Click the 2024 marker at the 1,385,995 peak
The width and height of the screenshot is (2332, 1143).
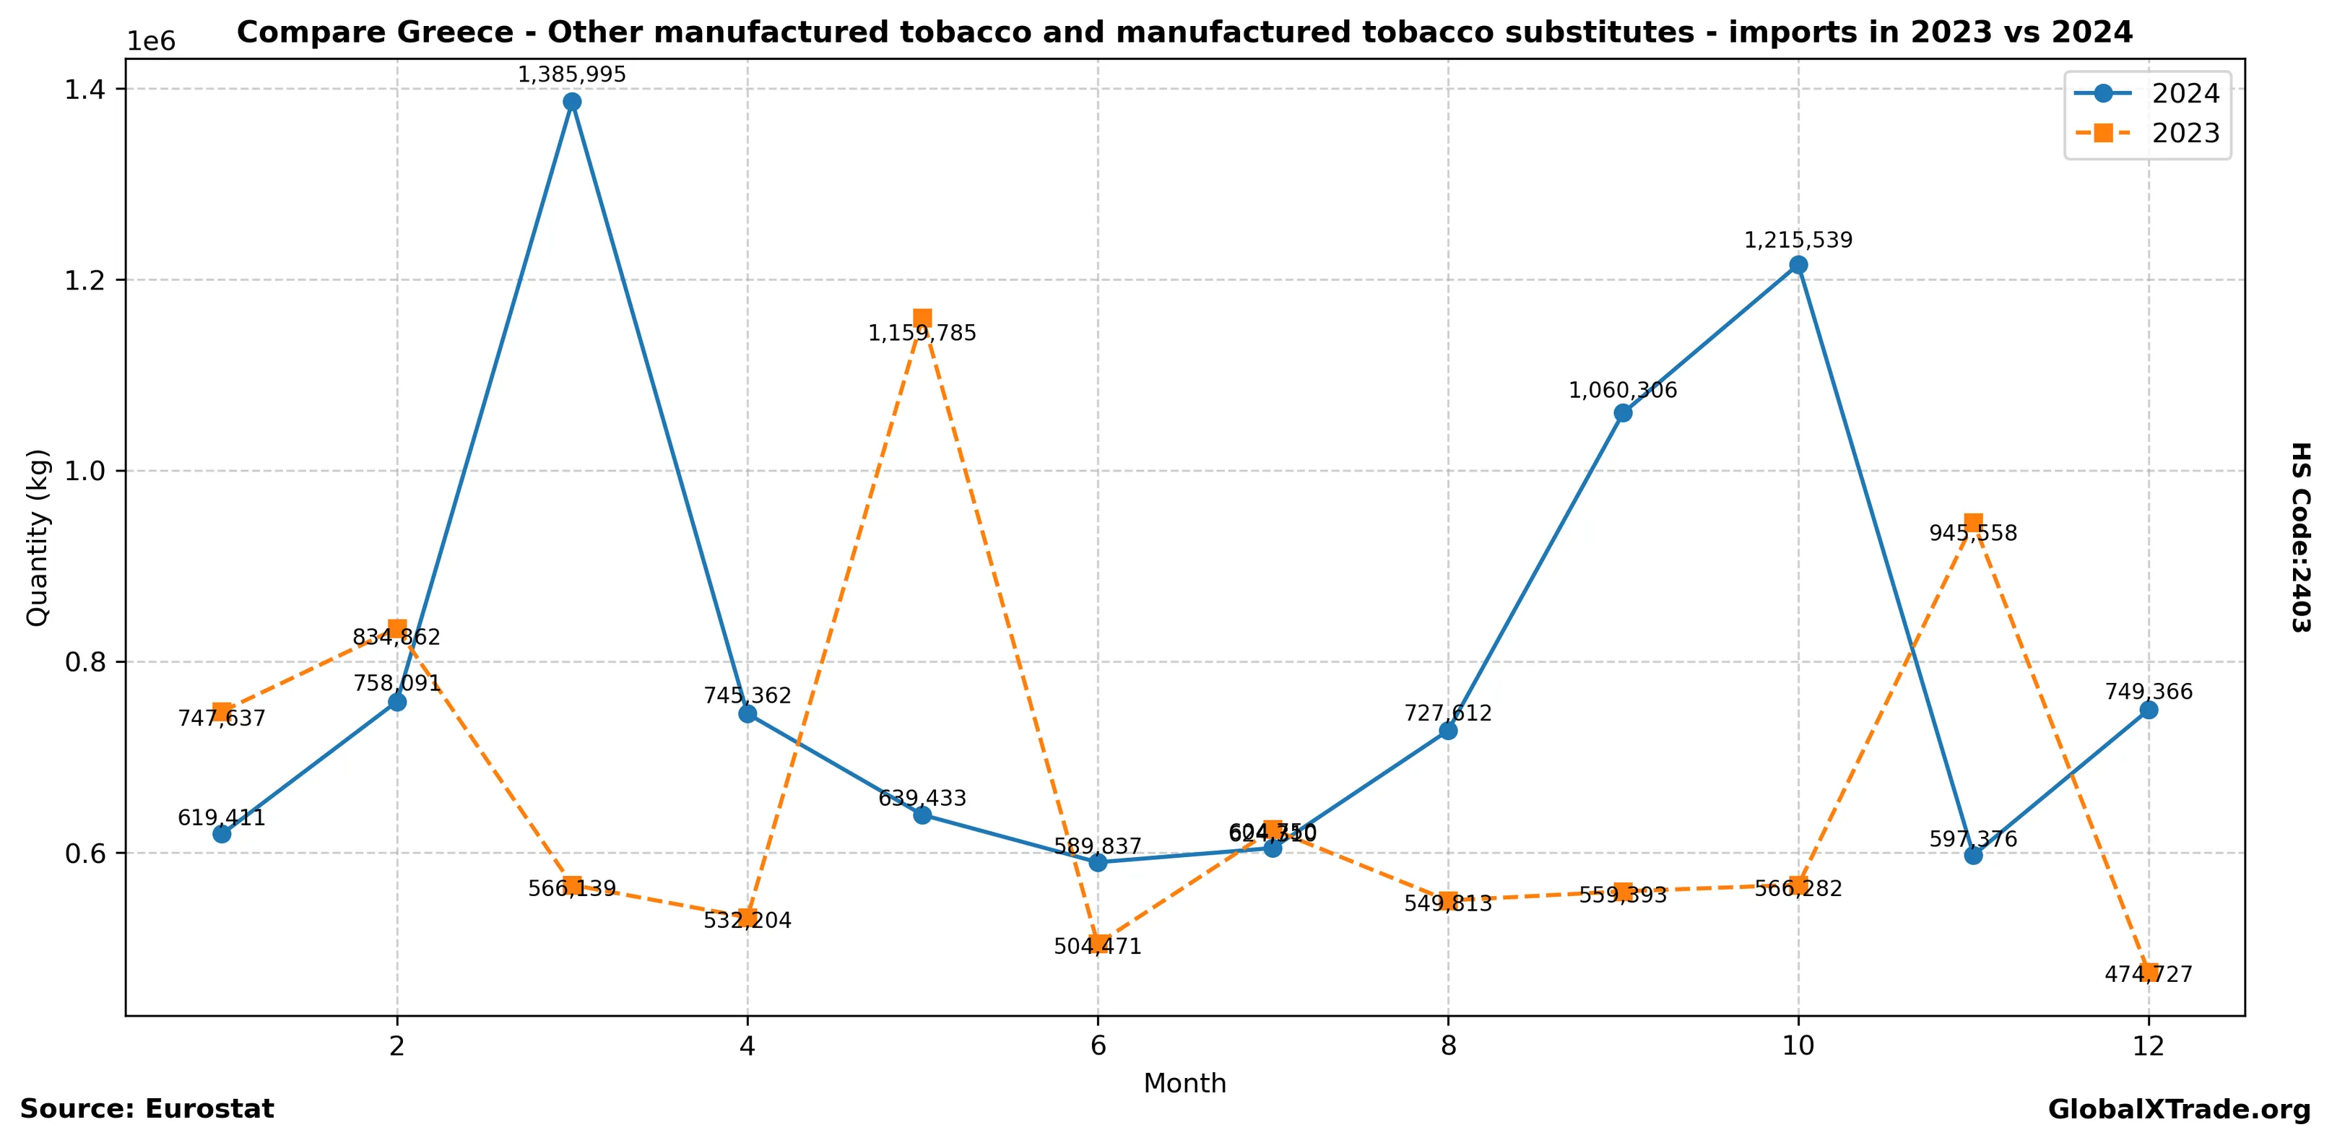coord(571,101)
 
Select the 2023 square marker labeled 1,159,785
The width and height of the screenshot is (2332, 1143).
coord(922,318)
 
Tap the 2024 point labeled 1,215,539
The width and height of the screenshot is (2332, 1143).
coord(1798,265)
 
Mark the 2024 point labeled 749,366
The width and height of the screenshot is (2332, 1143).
coord(2149,710)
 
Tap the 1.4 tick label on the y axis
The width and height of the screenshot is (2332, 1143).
coord(84,89)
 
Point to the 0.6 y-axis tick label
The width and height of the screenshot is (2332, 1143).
coord(84,853)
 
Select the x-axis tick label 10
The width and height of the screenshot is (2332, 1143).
coord(1798,1046)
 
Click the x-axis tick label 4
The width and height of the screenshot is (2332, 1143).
coord(747,1046)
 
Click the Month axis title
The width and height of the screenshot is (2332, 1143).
coord(1184,1083)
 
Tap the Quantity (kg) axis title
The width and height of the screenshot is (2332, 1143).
coord(37,536)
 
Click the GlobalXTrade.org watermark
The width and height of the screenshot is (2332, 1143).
coord(2179,1110)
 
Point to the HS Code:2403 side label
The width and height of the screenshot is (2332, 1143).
coord(2300,536)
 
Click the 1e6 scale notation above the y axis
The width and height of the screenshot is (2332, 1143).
coord(150,42)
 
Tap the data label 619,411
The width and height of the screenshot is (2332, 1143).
coord(221,818)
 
